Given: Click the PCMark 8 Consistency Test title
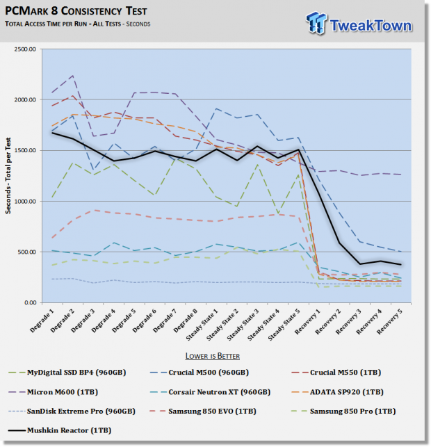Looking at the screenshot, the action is pos(76,11).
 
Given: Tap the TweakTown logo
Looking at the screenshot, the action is pos(359,24).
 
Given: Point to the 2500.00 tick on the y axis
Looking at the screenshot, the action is pos(25,49).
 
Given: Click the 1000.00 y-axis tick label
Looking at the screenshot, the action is pos(25,202).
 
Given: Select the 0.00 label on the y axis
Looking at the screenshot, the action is pos(30,302).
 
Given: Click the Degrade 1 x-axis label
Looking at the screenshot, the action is pos(42,320).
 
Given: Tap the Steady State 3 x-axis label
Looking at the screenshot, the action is pos(243,325).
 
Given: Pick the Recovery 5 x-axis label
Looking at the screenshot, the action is pos(389,322).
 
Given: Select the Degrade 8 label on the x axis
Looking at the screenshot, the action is pos(186,320).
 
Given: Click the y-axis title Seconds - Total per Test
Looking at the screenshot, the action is pos(8,176).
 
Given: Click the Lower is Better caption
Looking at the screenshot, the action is pos(213,356).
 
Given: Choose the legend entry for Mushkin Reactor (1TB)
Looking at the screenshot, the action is pos(60,430).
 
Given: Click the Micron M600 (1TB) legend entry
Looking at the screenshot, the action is pos(54,392).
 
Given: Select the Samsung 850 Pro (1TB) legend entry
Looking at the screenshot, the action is pos(343,412).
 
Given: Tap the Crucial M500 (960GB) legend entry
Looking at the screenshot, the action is pos(200,373).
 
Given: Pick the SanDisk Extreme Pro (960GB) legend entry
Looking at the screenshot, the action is pos(72,412).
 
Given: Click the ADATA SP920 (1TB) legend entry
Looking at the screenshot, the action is pos(338,392).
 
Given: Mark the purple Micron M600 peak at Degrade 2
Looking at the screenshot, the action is pos(73,76).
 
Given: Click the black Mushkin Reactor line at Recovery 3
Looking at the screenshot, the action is pos(360,264).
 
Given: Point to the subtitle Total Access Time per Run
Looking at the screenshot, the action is pos(46,24).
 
